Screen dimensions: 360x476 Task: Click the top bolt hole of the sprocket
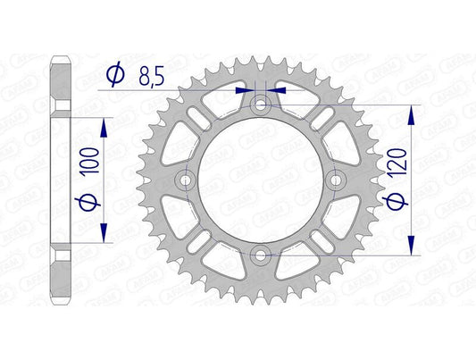pyautogui.click(x=260, y=105)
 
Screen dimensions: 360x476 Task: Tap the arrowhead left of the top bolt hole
pyautogui.click(x=244, y=90)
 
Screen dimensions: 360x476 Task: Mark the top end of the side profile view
pyautogui.click(x=62, y=63)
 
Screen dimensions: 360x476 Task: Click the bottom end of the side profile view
pyautogui.click(x=62, y=299)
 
